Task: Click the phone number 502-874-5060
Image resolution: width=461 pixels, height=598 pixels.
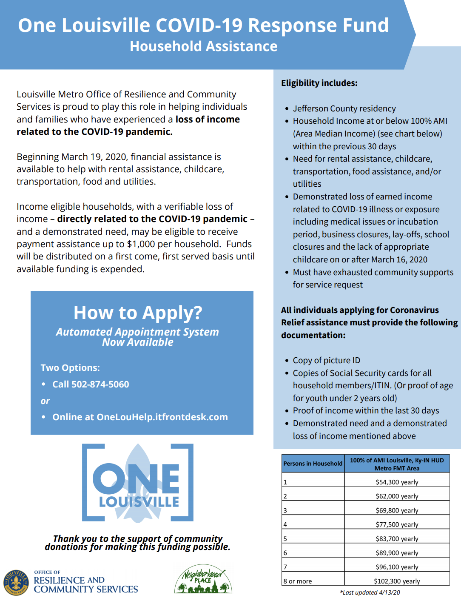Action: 100,384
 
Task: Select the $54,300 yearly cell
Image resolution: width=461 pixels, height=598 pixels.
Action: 397,482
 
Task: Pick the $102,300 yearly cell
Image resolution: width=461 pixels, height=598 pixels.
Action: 397,581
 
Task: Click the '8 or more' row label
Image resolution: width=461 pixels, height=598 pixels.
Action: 298,581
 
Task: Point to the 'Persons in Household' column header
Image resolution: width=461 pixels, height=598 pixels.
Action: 313,464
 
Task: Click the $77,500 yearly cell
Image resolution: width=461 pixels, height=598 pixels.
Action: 397,524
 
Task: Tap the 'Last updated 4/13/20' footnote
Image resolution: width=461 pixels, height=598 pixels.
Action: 370,592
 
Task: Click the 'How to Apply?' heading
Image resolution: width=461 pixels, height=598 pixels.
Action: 138,313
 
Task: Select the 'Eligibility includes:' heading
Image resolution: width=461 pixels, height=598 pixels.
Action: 319,83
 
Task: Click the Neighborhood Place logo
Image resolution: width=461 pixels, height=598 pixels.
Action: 203,579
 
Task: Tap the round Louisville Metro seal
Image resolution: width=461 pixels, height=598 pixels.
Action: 16,582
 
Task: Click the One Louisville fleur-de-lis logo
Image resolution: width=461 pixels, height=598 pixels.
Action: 138,483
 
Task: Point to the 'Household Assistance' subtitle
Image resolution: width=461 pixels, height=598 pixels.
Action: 203,46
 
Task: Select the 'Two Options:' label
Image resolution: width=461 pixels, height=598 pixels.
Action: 70,368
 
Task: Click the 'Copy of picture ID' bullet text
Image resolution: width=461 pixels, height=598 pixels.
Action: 326,360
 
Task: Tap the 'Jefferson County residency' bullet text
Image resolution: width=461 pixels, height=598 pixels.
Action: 344,108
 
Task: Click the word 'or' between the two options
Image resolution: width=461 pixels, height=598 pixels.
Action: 45,401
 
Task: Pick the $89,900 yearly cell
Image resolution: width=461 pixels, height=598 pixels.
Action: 397,553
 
